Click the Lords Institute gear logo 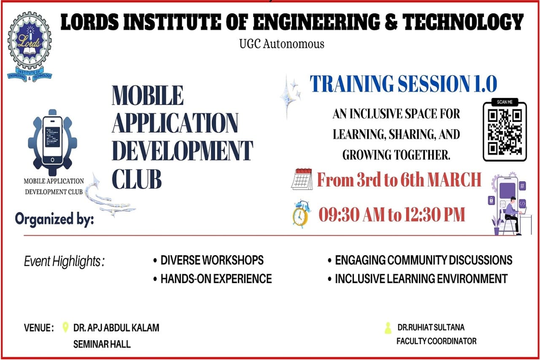pos(30,46)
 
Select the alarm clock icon pos(301,214)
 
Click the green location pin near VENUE pos(65,327)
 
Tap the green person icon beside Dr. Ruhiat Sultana pos(388,328)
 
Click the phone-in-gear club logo pos(53,143)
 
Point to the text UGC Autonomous pos(281,44)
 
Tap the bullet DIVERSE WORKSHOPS pos(208,260)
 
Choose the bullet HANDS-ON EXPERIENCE pos(213,279)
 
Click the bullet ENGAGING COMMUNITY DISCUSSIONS pos(420,260)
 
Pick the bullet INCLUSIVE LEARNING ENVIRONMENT pos(418,279)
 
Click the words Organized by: pos(54,219)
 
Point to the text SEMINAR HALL pos(102,344)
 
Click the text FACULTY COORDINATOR pos(437,341)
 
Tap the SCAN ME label pos(505,102)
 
